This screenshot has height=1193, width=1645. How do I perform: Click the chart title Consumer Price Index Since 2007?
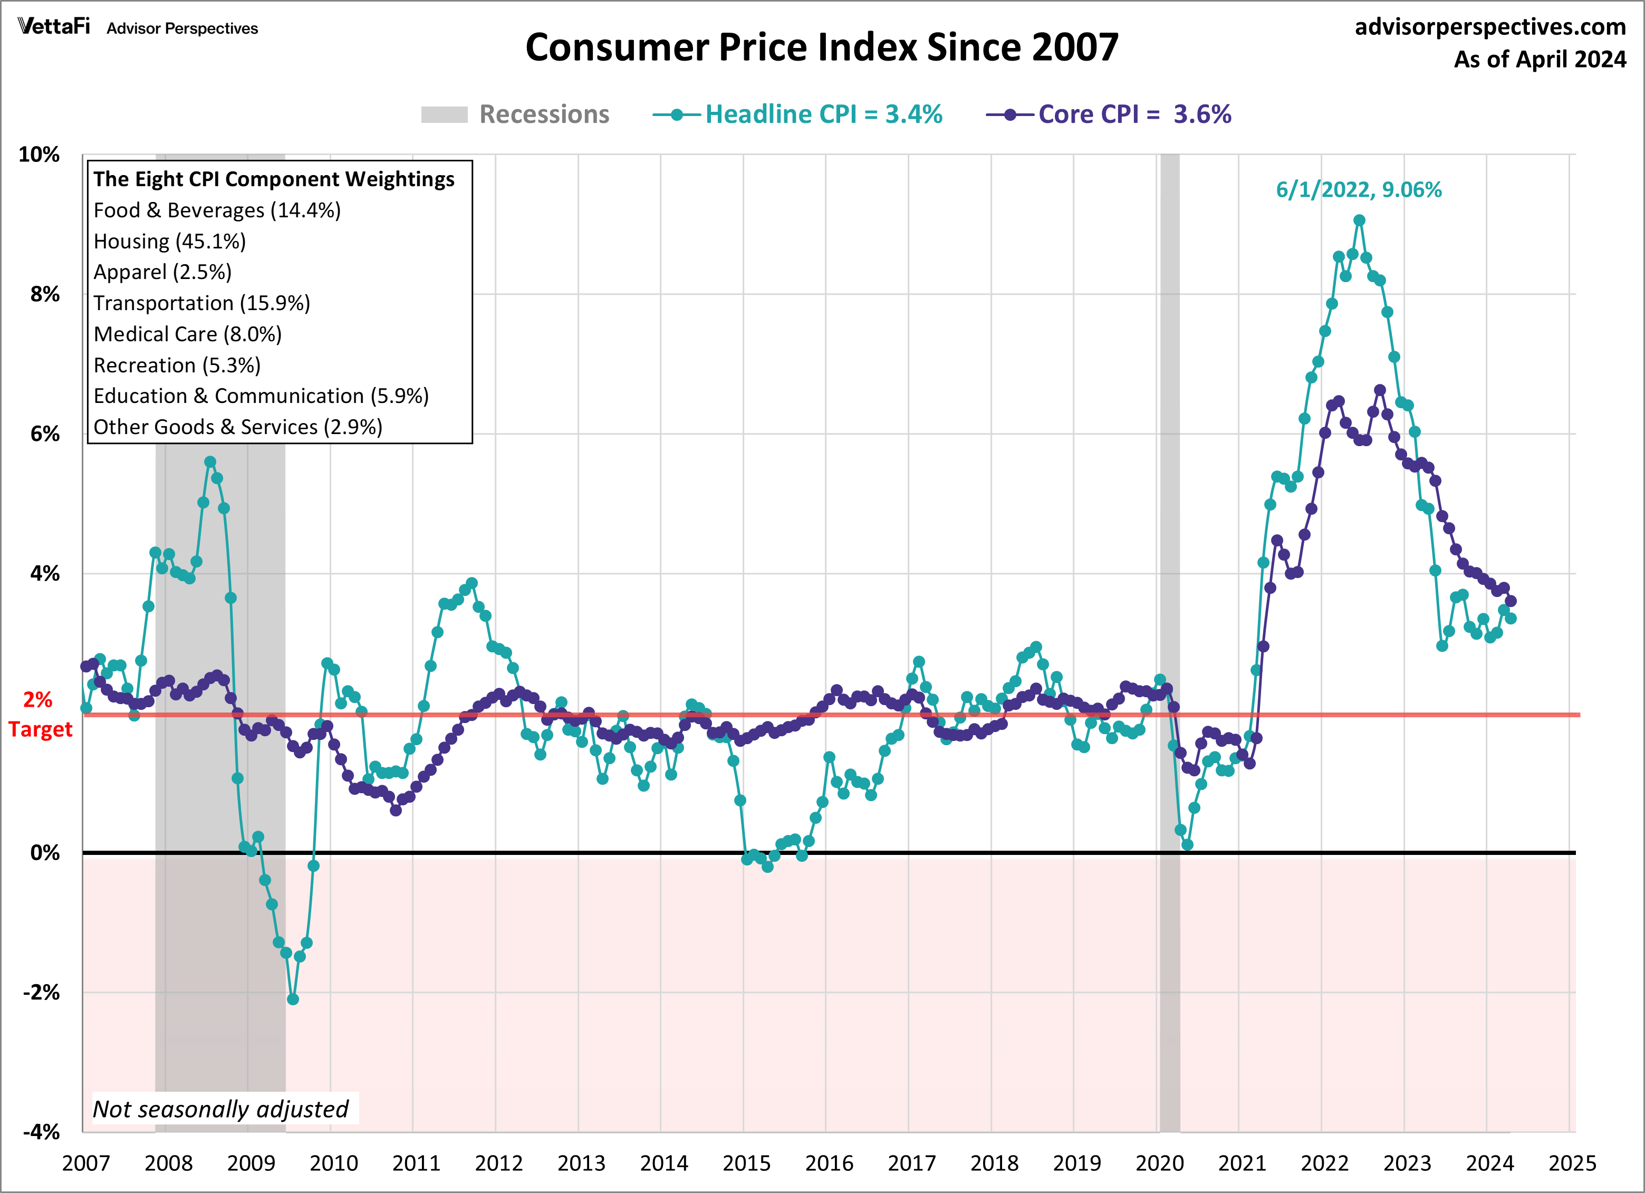[x=822, y=48]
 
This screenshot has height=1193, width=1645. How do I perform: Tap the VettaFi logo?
[x=54, y=27]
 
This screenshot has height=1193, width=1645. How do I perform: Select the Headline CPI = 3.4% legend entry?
[x=798, y=114]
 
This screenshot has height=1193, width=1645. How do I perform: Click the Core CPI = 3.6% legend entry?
[x=1109, y=114]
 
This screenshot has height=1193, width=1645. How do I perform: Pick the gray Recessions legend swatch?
[x=444, y=114]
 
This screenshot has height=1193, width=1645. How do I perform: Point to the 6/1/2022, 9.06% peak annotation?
[x=1359, y=190]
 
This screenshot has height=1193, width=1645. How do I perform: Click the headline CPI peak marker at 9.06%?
[x=1359, y=220]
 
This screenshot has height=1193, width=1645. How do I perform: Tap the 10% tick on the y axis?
[x=39, y=155]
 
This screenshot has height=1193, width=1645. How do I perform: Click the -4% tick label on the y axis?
[x=41, y=1132]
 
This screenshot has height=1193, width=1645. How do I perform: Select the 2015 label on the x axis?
[x=746, y=1163]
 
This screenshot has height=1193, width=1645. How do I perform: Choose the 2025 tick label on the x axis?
[x=1572, y=1163]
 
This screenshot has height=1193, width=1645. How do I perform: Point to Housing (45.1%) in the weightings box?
[x=170, y=242]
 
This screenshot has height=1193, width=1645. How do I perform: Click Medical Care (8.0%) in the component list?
[x=187, y=334]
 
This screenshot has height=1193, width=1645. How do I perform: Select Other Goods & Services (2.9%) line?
[x=238, y=427]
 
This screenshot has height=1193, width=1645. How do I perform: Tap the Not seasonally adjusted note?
[x=220, y=1109]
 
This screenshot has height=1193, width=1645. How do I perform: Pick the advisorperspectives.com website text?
[x=1490, y=27]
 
